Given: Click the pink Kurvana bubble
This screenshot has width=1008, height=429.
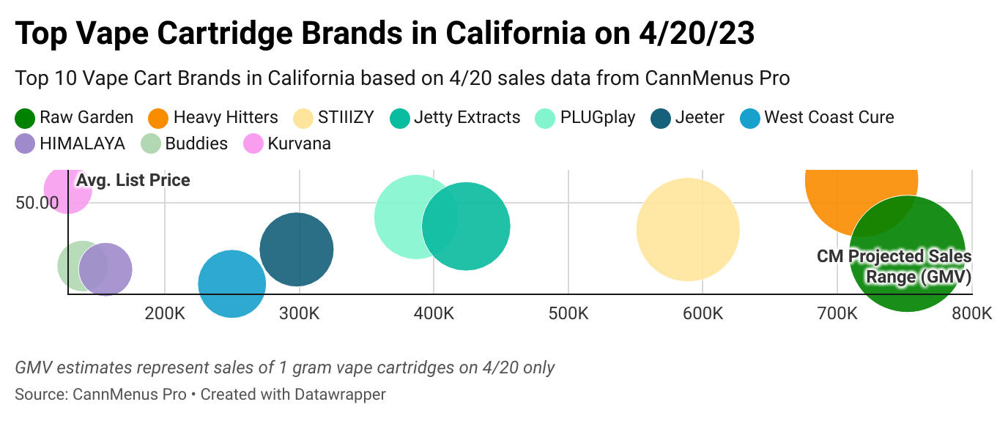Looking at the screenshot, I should (67, 189).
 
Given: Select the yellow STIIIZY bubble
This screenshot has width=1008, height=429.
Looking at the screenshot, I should (688, 229).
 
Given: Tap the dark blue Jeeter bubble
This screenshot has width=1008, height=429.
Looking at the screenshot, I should (297, 250).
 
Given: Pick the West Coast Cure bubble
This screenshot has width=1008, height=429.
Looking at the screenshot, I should (231, 284).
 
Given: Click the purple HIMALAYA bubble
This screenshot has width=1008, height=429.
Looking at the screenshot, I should (105, 269).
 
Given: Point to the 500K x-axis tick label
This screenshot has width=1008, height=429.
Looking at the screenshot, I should (568, 315).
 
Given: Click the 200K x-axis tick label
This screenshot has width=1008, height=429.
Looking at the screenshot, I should (165, 315).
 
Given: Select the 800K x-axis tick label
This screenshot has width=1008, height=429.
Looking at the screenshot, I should (972, 315).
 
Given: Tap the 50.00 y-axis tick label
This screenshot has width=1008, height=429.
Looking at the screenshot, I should (37, 203).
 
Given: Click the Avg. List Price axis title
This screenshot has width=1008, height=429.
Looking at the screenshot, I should (133, 180).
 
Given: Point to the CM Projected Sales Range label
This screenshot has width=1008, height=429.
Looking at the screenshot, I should (894, 266).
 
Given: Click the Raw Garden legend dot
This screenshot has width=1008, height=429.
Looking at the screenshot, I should (25, 118).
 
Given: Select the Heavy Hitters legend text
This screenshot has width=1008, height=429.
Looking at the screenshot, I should (226, 118).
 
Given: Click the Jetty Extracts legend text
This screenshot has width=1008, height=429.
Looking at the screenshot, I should (467, 118).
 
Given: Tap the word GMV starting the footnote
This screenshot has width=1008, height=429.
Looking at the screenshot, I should (30, 368).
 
